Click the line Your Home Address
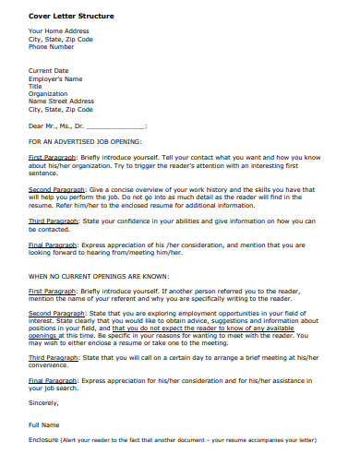pos(58,31)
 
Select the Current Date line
pos(49,71)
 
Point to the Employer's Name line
pos(56,78)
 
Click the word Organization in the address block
pos(48,93)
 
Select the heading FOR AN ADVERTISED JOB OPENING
pos(85,142)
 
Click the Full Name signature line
pos(44,424)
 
